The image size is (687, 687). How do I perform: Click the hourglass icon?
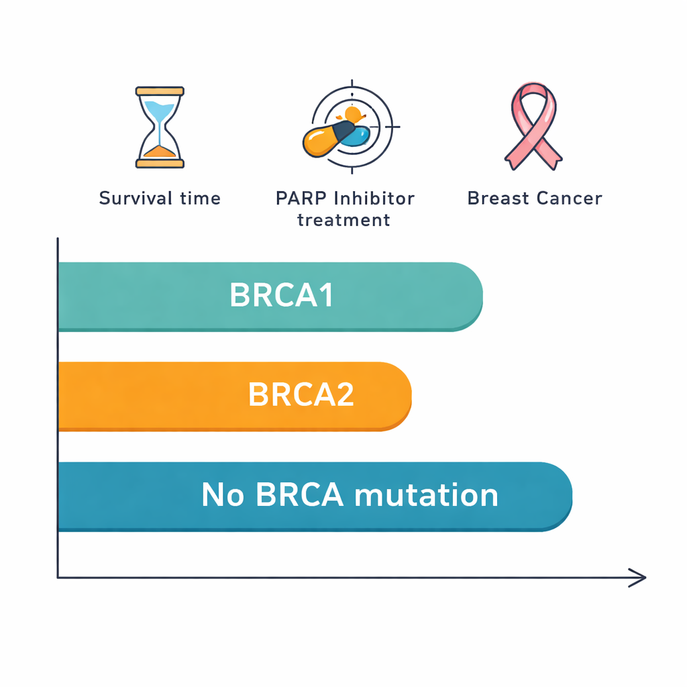(160, 127)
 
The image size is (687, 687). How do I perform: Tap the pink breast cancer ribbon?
(533, 126)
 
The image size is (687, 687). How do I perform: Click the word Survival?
(136, 199)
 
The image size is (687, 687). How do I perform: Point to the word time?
(200, 199)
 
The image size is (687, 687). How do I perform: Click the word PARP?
(301, 199)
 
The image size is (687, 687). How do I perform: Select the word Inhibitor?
(374, 199)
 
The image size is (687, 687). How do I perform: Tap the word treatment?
(344, 220)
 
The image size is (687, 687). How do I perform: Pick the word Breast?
(498, 199)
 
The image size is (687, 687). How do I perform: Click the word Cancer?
(570, 199)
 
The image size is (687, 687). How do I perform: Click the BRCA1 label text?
(281, 295)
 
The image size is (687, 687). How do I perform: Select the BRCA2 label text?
(301, 394)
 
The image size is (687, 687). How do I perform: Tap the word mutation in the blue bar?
(426, 494)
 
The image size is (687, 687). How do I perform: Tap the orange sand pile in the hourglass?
(160, 152)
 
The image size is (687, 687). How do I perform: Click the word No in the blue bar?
(223, 494)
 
